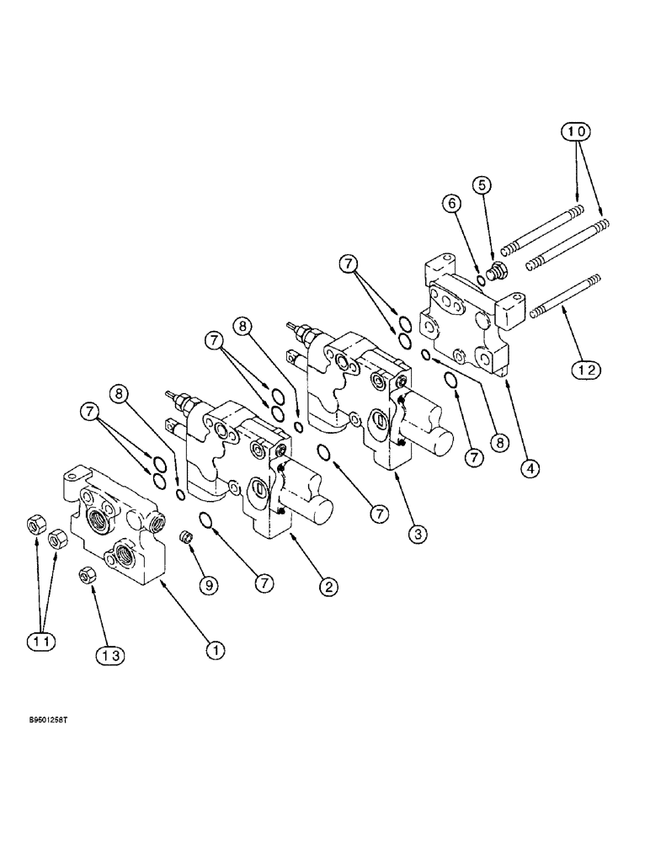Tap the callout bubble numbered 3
(x=414, y=533)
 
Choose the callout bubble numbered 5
(x=482, y=183)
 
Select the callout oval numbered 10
(x=577, y=131)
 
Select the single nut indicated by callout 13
(x=85, y=576)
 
